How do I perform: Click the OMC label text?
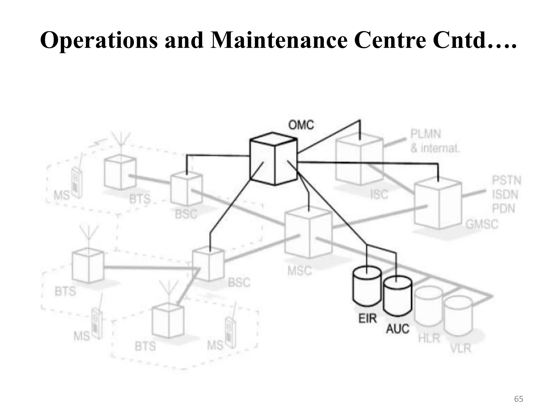(x=301, y=125)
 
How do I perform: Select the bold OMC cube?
(x=273, y=159)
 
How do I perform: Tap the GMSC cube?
(x=438, y=204)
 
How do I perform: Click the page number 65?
(x=518, y=399)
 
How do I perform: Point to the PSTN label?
(x=507, y=181)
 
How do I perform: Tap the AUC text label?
(x=398, y=329)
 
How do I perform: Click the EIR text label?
(x=367, y=319)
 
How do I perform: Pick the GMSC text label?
(x=482, y=225)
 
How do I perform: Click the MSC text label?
(x=299, y=271)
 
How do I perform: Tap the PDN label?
(x=503, y=209)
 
